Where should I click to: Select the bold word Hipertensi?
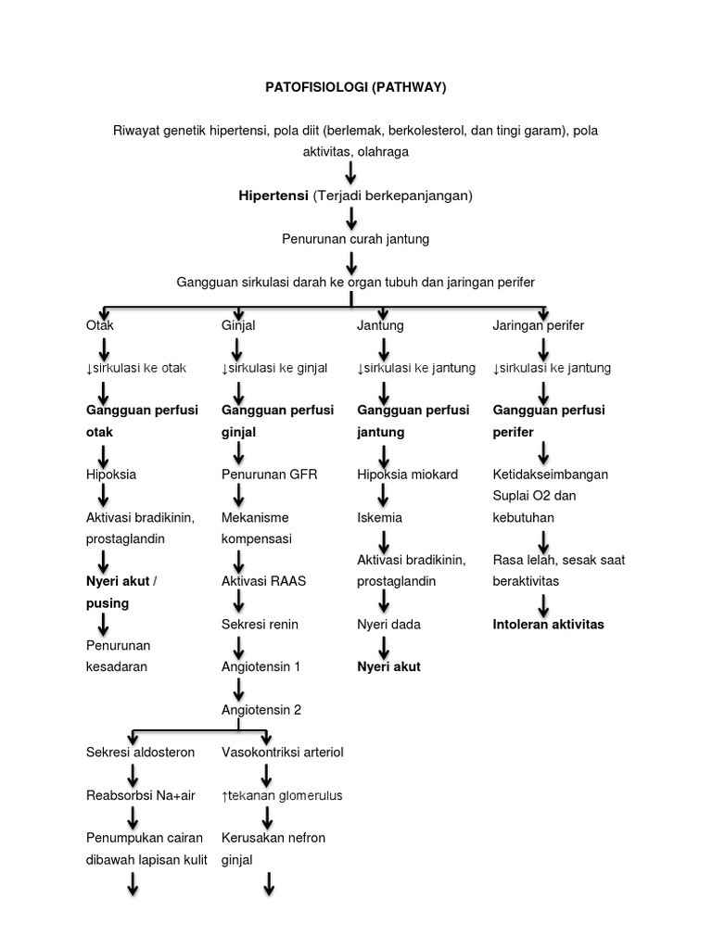click(x=272, y=196)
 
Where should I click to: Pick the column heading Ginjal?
click(x=238, y=325)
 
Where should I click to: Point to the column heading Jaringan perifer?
click(x=539, y=325)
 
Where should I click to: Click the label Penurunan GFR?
click(x=269, y=474)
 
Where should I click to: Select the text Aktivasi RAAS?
click(x=263, y=581)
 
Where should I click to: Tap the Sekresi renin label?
click(x=260, y=624)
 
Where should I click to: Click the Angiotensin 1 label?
click(x=261, y=666)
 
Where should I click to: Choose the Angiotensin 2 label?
click(x=261, y=710)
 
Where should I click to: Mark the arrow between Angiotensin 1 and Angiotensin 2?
click(x=239, y=689)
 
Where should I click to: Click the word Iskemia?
click(x=379, y=517)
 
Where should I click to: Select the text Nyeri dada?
click(x=388, y=624)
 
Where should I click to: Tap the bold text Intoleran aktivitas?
click(x=548, y=624)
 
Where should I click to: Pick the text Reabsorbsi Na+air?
click(x=137, y=794)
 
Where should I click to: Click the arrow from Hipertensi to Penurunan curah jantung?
click(x=351, y=218)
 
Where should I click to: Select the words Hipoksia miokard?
click(x=407, y=474)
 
